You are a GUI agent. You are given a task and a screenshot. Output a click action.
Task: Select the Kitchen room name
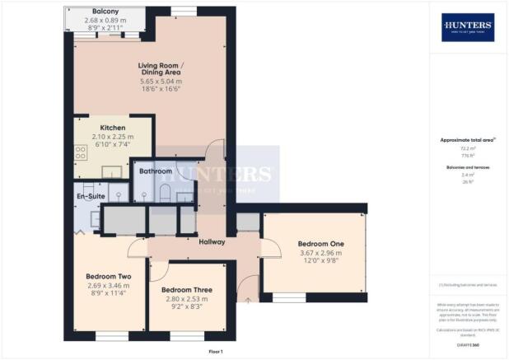click(113, 128)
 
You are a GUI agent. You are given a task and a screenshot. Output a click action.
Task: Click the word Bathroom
click(156, 171)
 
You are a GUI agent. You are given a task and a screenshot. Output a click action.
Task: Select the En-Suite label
click(91, 198)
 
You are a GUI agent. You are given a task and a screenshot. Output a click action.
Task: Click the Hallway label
click(212, 241)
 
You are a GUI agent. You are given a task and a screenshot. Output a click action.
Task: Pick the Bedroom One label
click(320, 244)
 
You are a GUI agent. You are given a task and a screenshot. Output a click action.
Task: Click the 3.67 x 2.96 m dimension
click(320, 254)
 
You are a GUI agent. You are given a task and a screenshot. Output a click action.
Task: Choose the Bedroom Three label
click(186, 290)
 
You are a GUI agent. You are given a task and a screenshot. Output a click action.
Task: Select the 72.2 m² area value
click(467, 149)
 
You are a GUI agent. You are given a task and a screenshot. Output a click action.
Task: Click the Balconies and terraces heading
click(467, 168)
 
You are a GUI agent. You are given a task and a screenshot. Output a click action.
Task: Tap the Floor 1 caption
click(215, 351)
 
